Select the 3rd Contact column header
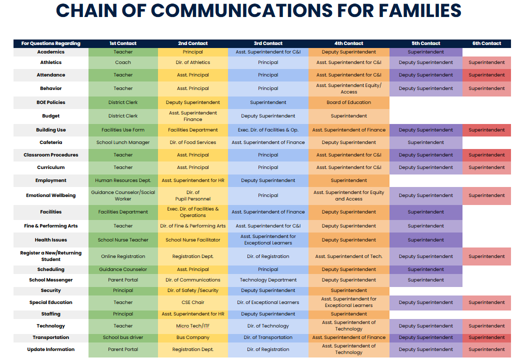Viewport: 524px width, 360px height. [x=268, y=43]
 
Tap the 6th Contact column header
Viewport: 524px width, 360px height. [x=486, y=43]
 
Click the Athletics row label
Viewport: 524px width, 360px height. [x=51, y=62]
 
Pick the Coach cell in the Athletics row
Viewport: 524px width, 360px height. [x=123, y=62]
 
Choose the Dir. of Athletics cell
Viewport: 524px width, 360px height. [x=193, y=62]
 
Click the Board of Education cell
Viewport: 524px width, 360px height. [x=348, y=102]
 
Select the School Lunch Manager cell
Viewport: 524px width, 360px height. [x=123, y=142]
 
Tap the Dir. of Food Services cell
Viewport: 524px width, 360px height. [x=193, y=142]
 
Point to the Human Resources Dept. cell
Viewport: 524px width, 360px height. [x=123, y=180]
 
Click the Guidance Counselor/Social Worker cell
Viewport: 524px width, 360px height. [x=123, y=195]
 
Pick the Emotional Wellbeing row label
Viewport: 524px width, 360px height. [x=51, y=195]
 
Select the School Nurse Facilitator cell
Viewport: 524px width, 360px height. [x=193, y=240]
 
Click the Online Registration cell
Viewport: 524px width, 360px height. [x=123, y=256]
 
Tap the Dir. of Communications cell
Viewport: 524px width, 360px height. [x=193, y=280]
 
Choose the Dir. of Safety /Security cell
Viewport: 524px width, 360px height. [x=193, y=290]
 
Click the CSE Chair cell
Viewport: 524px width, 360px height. [x=193, y=302]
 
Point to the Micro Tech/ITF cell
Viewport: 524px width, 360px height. [x=193, y=326]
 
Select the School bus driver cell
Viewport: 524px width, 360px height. [x=123, y=337]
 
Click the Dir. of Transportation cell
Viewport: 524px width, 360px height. [x=268, y=337]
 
